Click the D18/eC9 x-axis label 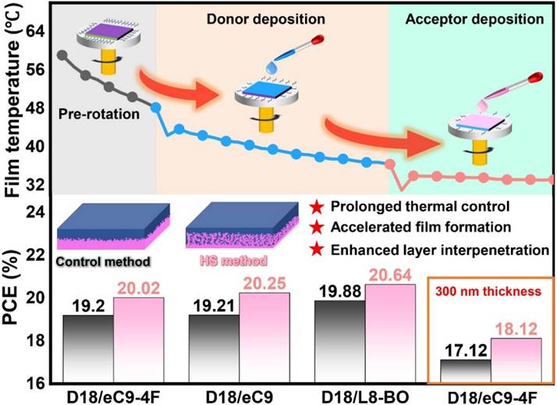coord(236,394)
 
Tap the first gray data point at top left coord(62,55)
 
